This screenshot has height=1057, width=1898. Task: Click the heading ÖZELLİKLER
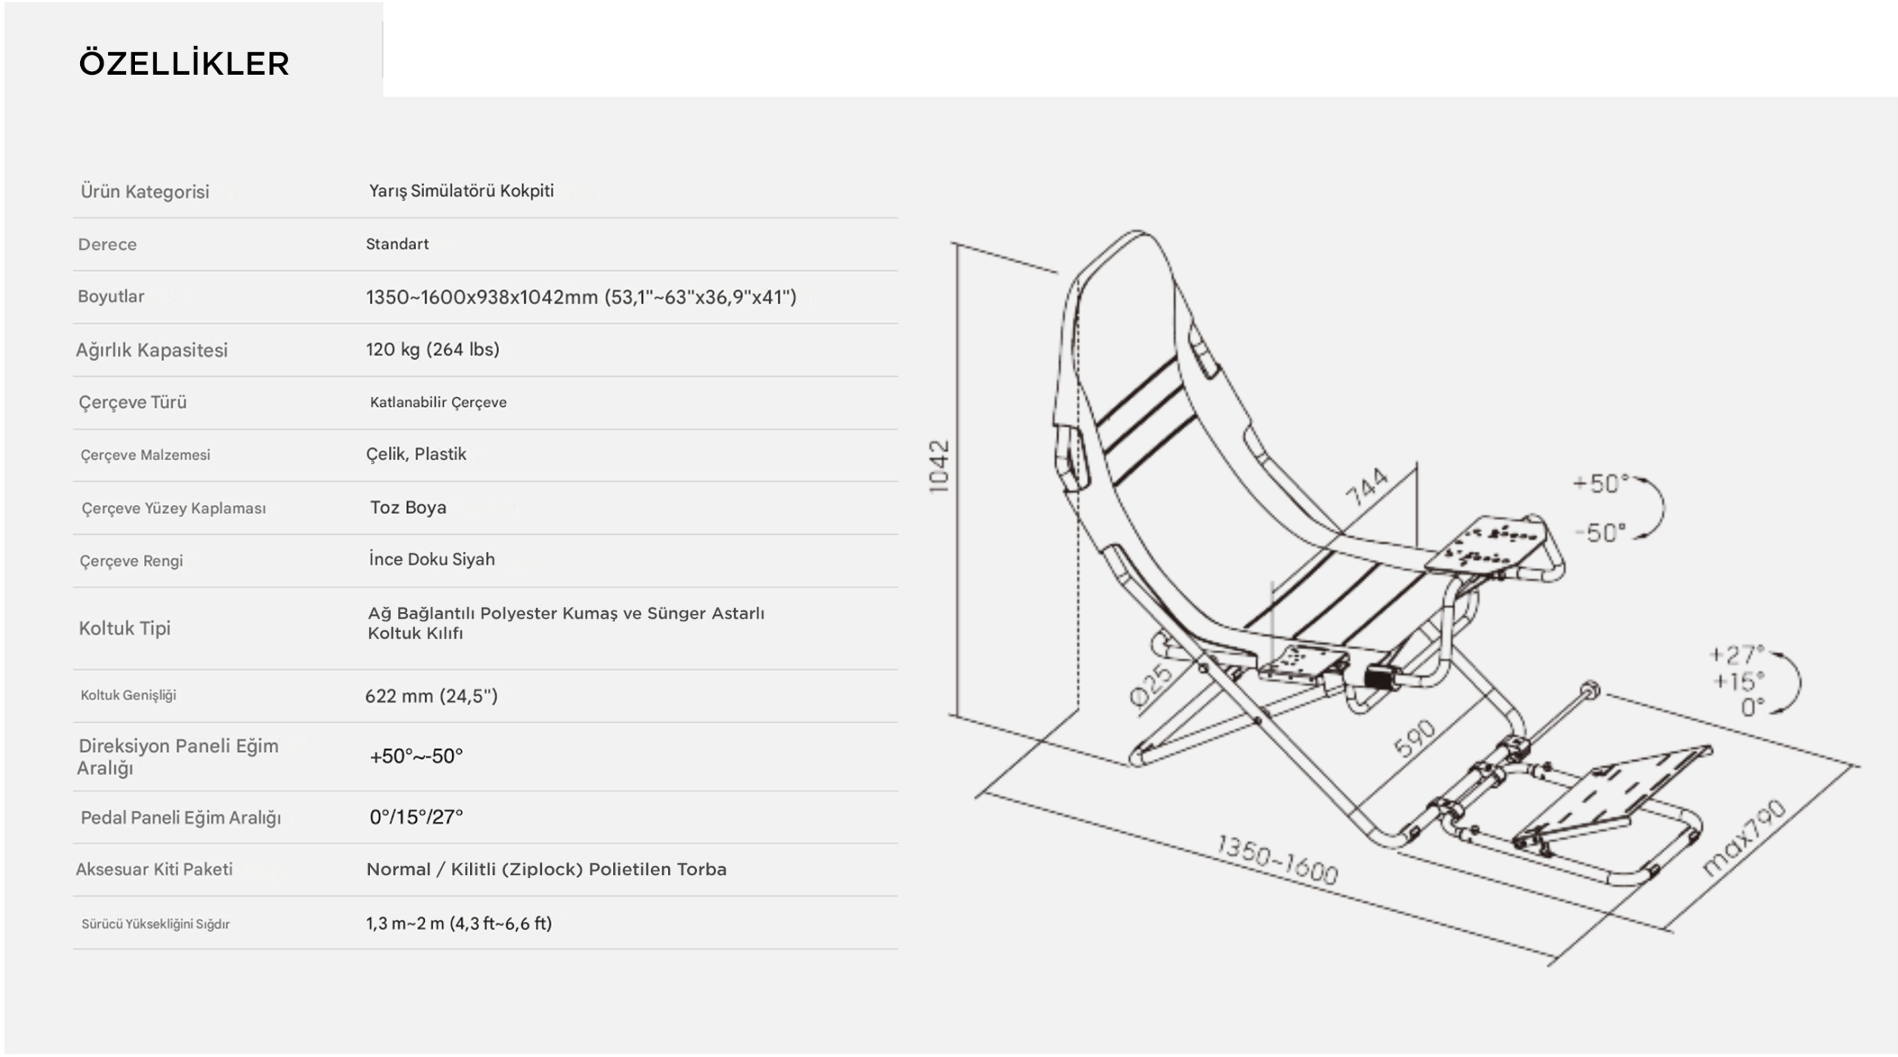point(184,63)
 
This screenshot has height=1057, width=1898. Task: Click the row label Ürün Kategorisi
point(145,191)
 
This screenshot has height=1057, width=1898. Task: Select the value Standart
point(397,244)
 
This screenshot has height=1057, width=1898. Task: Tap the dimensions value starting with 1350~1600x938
point(581,297)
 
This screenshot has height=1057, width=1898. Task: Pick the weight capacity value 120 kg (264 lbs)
point(432,349)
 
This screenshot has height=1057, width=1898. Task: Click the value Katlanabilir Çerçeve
point(438,402)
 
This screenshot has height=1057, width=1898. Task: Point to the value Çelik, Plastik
point(416,454)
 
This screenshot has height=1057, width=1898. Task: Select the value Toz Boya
point(408,507)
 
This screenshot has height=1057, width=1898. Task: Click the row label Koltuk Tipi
point(125,628)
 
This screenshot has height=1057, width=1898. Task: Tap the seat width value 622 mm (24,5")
point(431,696)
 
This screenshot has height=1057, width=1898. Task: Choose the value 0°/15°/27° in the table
point(416,817)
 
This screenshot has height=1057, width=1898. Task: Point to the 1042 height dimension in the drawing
point(939,466)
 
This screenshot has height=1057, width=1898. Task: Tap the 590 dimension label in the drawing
point(1415,739)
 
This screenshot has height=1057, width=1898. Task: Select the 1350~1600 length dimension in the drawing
point(1277,860)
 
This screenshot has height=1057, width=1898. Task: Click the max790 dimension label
point(1743,838)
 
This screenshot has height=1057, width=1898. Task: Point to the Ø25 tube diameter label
point(1151,685)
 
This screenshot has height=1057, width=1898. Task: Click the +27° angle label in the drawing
point(1736,654)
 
